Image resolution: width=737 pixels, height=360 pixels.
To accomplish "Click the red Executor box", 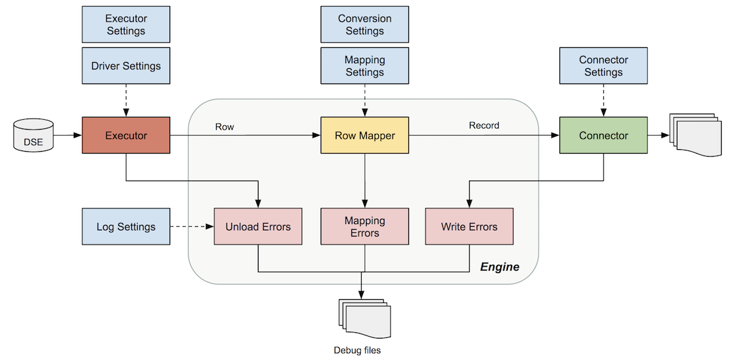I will point(126,135).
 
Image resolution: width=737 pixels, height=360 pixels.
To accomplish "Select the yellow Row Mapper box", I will point(365,135).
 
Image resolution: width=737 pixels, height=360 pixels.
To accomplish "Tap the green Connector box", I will point(603,135).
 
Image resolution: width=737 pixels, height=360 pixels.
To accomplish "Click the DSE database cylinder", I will point(33,136).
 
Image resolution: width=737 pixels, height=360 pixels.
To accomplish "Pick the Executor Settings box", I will point(126,25).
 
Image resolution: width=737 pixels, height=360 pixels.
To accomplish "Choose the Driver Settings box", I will point(126,66).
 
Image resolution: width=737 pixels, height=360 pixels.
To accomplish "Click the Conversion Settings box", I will point(365,25).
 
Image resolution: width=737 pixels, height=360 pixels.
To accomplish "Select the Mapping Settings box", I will point(365,66).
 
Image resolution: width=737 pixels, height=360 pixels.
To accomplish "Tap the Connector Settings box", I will point(603,66).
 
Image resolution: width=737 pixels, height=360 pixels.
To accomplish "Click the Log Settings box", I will point(126,227).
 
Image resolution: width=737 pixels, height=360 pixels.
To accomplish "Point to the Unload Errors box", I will point(258,227).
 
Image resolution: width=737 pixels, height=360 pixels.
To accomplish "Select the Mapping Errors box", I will point(365,227).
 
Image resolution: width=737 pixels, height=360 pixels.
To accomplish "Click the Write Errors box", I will point(469,227).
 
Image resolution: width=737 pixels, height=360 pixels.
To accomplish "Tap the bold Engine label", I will point(499,267).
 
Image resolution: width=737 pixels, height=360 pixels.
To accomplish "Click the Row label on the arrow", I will point(224,127).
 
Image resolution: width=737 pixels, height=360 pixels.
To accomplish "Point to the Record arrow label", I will point(484,125).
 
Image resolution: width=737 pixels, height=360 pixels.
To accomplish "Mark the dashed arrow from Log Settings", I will point(192,227).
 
